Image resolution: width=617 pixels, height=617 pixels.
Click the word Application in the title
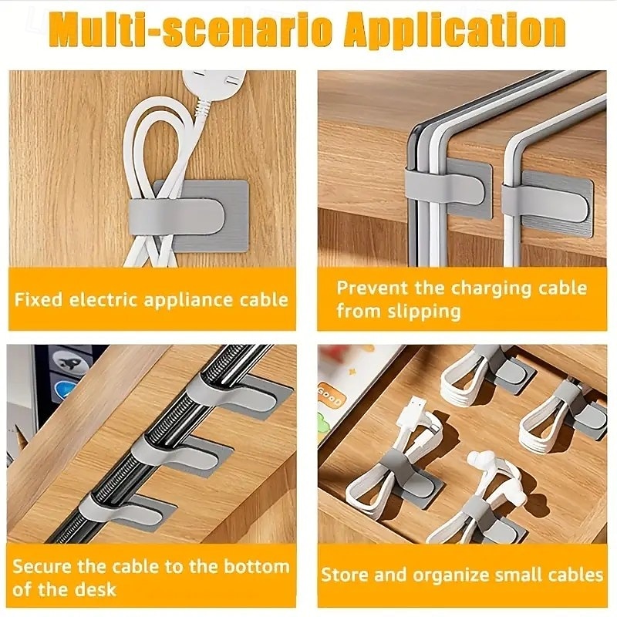(x=454, y=30)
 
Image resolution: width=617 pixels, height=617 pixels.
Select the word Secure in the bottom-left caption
(x=42, y=567)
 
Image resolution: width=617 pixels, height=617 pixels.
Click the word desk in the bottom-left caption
(x=97, y=589)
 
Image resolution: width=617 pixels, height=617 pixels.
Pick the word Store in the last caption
(x=345, y=575)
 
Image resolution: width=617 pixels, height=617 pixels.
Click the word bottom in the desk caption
(x=256, y=567)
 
